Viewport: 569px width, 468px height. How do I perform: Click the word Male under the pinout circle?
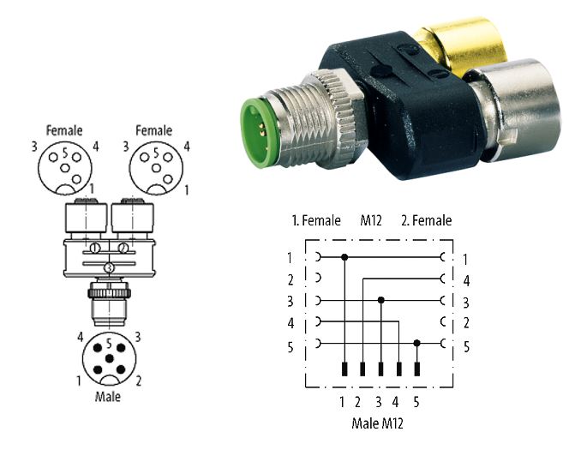tap(107, 397)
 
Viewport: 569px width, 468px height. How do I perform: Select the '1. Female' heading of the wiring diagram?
tap(316, 220)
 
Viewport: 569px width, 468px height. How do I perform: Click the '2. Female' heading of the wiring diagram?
tap(427, 220)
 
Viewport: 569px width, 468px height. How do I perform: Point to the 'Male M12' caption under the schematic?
tap(377, 423)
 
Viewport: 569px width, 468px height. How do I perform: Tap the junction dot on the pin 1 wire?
tap(344, 257)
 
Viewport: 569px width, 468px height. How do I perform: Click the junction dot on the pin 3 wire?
tap(381, 300)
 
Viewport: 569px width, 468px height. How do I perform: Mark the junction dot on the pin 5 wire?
tap(417, 343)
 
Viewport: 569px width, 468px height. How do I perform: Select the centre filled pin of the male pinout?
tap(109, 359)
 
